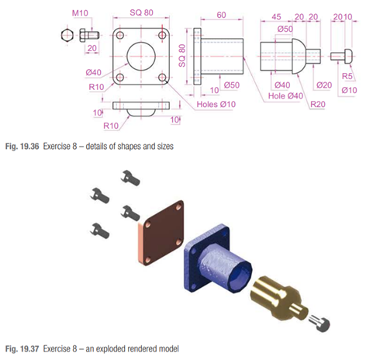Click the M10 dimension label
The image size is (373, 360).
tap(80, 13)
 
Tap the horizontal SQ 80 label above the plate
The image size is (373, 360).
tap(141, 12)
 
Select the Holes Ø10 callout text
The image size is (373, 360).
tap(216, 104)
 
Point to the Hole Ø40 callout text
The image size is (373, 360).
tap(285, 96)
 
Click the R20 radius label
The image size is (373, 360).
tap(318, 104)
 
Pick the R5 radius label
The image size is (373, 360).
tap(347, 76)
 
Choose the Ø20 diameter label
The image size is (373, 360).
tap(324, 85)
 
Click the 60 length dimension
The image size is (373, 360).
tap(221, 15)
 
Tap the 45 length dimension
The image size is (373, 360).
tap(276, 17)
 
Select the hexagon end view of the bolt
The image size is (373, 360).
tap(67, 35)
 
